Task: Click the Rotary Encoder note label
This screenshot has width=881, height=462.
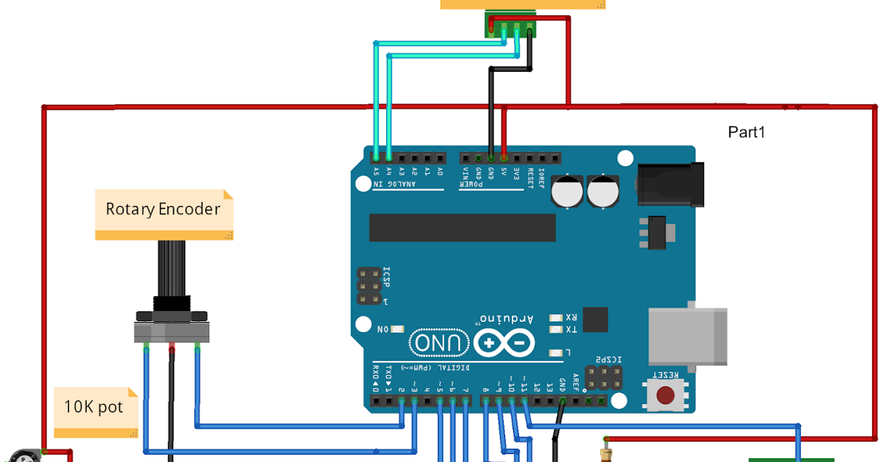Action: (x=163, y=210)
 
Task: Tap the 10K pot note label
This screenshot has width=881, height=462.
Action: (x=93, y=407)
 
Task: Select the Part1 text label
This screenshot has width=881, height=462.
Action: (x=747, y=132)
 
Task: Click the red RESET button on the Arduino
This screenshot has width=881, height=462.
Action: (x=666, y=395)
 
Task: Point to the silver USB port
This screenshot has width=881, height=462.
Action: (x=687, y=336)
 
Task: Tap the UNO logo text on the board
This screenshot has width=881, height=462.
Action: (x=439, y=342)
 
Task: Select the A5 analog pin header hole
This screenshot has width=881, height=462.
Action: (x=377, y=158)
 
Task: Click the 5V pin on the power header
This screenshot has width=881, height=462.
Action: (x=504, y=158)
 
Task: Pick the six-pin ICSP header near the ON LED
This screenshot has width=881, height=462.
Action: (x=369, y=285)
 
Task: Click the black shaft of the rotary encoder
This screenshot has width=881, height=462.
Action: (x=171, y=268)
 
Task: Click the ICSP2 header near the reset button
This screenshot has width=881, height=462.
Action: (x=603, y=378)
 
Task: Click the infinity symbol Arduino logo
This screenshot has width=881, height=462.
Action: (x=504, y=342)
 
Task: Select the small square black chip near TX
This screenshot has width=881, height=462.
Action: (x=595, y=319)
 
